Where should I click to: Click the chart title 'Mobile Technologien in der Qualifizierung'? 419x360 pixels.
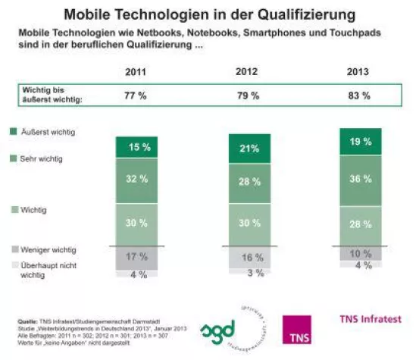[209, 14]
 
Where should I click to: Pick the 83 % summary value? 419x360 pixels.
[358, 96]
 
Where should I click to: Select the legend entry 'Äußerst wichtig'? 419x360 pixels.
[43, 133]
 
